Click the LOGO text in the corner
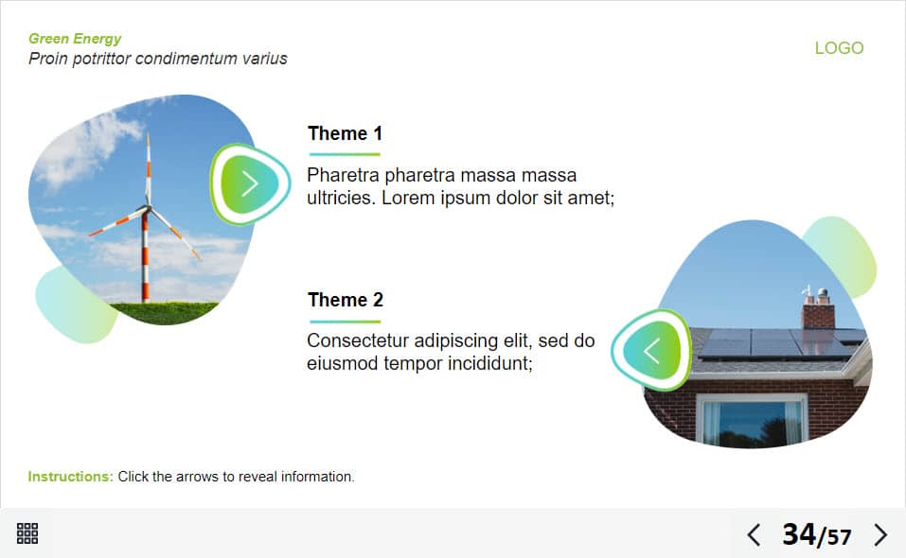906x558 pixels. pos(839,48)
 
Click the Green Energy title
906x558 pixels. pos(75,39)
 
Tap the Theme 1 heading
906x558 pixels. pos(345,133)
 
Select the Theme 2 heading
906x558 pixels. pos(346,300)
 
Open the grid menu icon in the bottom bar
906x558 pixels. pos(27,533)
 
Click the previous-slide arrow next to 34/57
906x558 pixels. pos(754,535)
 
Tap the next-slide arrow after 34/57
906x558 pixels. pos(880,535)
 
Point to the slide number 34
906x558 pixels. pos(799,533)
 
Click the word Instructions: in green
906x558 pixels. pos(70,477)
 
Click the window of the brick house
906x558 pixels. pos(752,420)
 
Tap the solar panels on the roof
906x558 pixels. pos(780,343)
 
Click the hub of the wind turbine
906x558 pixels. pos(147,208)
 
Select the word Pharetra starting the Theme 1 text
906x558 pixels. pos(344,175)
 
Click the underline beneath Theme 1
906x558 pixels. pos(345,154)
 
